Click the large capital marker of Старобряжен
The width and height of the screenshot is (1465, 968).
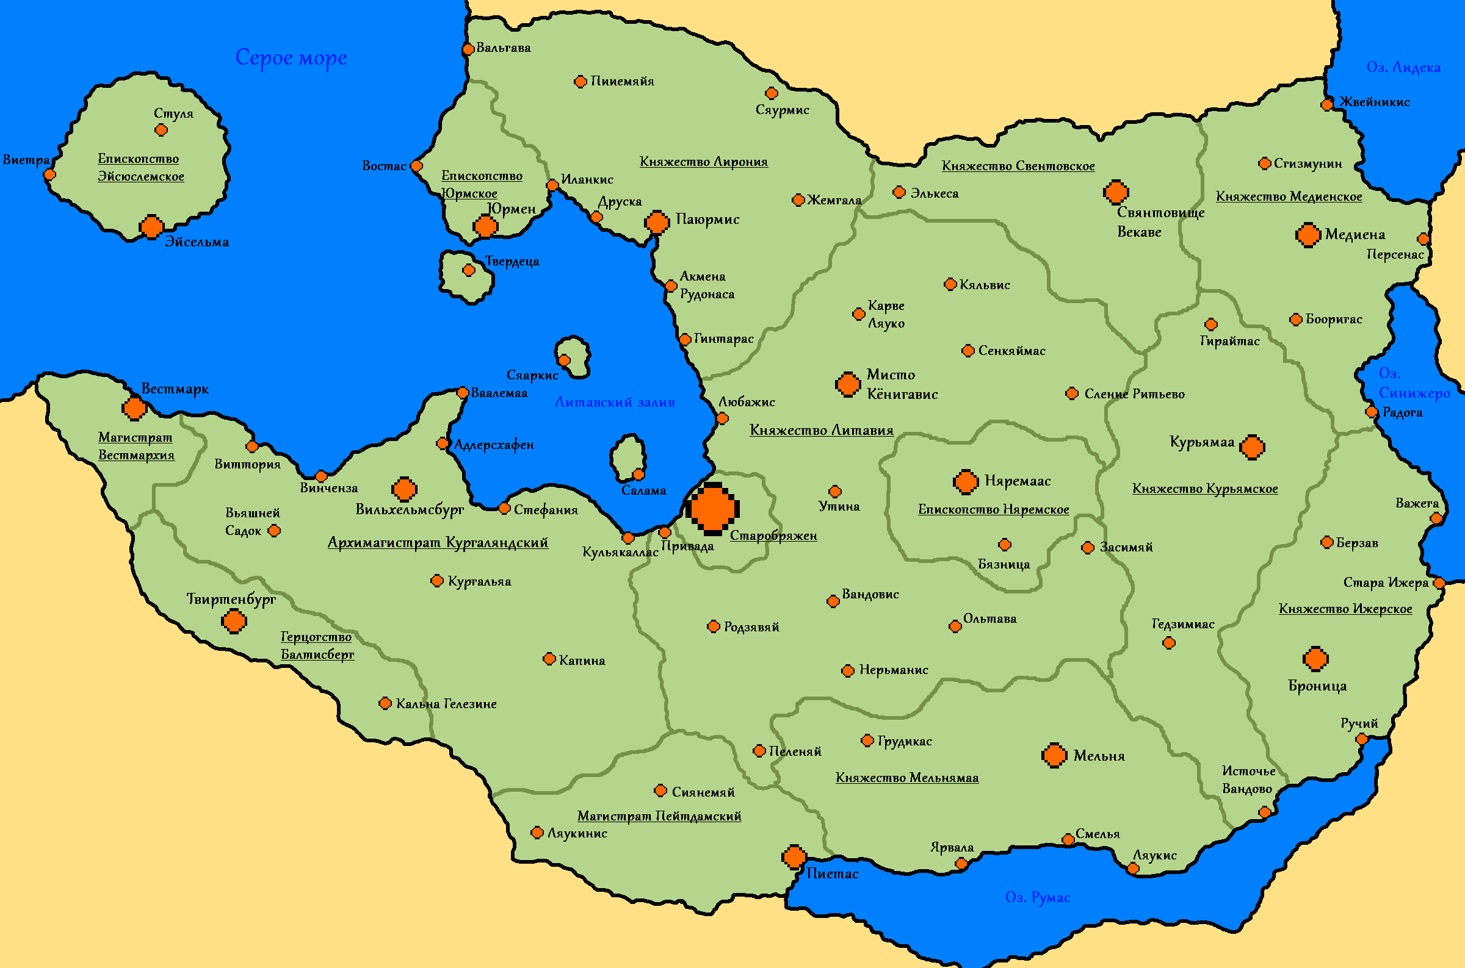coord(713,509)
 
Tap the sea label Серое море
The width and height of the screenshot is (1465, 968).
coord(291,57)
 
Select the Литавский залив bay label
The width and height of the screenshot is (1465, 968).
coord(615,403)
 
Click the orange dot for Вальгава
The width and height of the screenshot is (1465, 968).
coord(468,49)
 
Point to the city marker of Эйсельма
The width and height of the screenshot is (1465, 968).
coord(151,227)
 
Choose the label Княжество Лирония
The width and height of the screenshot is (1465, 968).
coord(703,162)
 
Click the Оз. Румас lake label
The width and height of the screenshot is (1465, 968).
coord(1038,897)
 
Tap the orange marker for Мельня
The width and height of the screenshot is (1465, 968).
coord(1054,755)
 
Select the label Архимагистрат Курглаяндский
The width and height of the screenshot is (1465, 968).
coord(438,543)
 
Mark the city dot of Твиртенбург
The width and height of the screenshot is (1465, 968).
coord(234,621)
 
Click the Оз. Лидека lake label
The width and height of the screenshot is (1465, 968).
coord(1403,67)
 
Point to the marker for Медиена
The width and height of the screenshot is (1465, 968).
coord(1308,235)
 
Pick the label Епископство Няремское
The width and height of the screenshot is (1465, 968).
coord(993,509)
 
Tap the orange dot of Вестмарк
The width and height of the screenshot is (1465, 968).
coord(134,408)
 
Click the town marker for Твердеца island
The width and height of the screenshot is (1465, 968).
coord(469,270)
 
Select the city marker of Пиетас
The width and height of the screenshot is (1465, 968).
coord(794,857)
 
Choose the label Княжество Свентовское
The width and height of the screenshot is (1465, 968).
coord(1018,166)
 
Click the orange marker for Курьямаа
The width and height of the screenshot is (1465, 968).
coord(1252,447)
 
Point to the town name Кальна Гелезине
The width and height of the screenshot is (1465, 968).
coord(446,704)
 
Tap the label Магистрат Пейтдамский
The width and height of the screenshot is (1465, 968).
coord(659,816)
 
